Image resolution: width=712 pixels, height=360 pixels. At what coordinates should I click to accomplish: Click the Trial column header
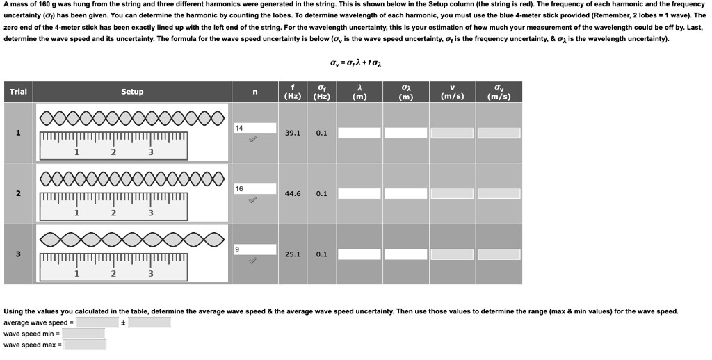point(18,92)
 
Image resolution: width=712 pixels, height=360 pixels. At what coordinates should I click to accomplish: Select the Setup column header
point(132,92)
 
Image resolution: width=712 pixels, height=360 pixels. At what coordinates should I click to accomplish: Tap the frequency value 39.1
point(293,133)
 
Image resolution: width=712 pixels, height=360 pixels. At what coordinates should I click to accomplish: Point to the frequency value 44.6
point(293,194)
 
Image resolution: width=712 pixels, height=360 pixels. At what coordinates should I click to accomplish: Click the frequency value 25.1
point(293,254)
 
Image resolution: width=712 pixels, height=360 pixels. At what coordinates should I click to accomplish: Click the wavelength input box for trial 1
point(359,133)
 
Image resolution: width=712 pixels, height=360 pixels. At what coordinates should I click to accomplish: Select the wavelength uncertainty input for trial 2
point(405,194)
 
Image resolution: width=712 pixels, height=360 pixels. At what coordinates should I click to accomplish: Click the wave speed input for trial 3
point(452,254)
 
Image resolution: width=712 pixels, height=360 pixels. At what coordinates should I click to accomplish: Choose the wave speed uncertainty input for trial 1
point(499,133)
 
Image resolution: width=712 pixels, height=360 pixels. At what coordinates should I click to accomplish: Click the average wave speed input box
point(98,322)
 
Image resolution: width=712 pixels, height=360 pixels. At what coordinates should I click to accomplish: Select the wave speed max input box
point(85,345)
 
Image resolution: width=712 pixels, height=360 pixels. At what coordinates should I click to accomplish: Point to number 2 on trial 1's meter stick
point(113,152)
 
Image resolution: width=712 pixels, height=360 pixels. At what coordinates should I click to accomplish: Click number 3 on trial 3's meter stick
point(150,274)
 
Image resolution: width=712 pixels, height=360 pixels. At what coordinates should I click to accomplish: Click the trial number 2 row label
point(18,194)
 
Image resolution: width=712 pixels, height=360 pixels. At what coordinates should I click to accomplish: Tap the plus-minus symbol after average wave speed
point(123,322)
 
